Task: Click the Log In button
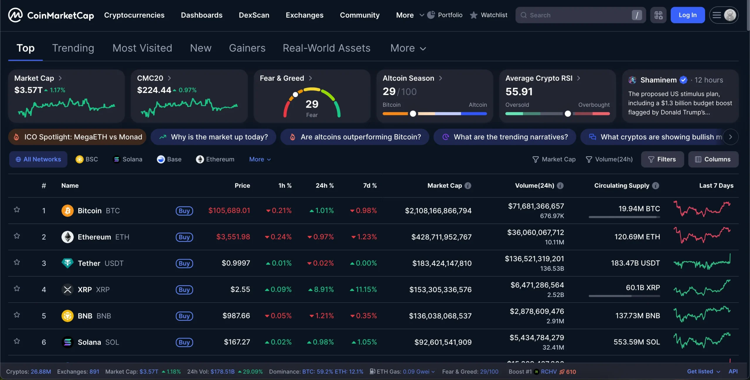coord(687,15)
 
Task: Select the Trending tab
coord(73,48)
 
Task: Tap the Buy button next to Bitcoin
coord(184,211)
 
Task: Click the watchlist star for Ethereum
coord(17,236)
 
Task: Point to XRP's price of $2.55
coord(240,289)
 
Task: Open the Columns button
coord(713,159)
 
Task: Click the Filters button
coord(662,159)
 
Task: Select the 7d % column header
coord(370,186)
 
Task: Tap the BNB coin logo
coord(67,316)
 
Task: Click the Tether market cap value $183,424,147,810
coord(442,263)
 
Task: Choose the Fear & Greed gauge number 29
coord(312,104)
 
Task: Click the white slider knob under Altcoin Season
coord(413,114)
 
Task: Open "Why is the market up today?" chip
coord(213,137)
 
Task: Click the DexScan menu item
coord(254,15)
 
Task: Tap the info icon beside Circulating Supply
coord(656,186)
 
